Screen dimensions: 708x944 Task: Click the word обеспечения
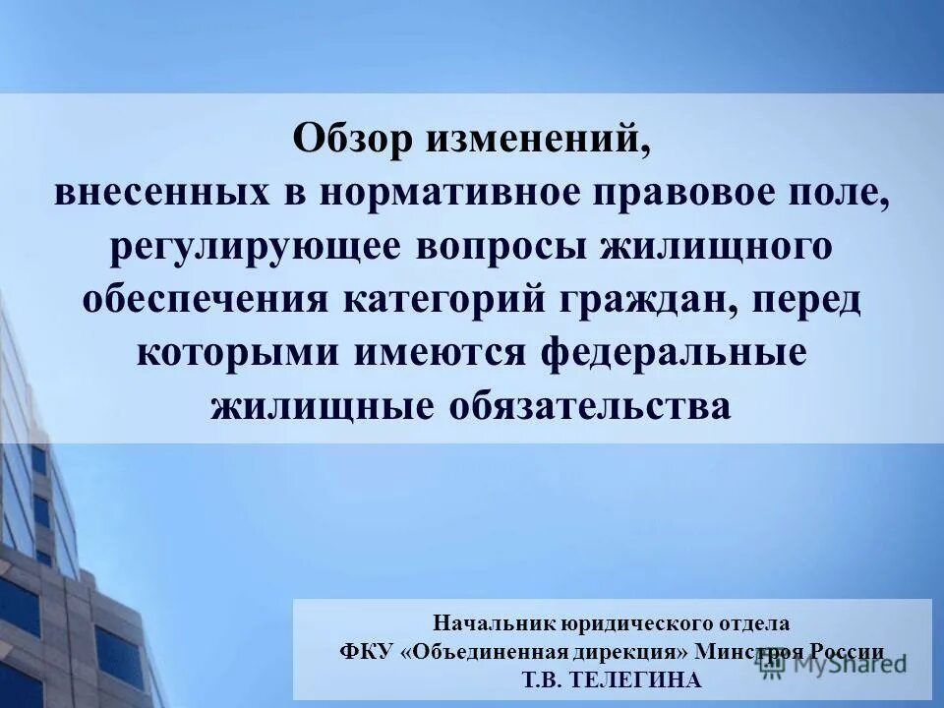(x=205, y=300)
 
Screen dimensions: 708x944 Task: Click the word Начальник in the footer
(x=497, y=622)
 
